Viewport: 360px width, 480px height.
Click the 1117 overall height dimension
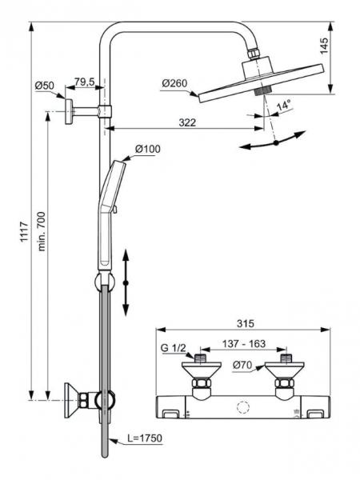(22, 225)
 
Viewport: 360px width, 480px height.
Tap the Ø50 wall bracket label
(45, 86)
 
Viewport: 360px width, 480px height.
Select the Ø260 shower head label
(175, 82)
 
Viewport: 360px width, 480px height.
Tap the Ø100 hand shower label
(147, 149)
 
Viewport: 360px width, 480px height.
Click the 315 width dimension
(245, 323)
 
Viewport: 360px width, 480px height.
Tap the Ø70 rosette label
(245, 368)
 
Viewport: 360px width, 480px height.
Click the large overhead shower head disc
(264, 80)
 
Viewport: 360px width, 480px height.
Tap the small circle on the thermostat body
(241, 408)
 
